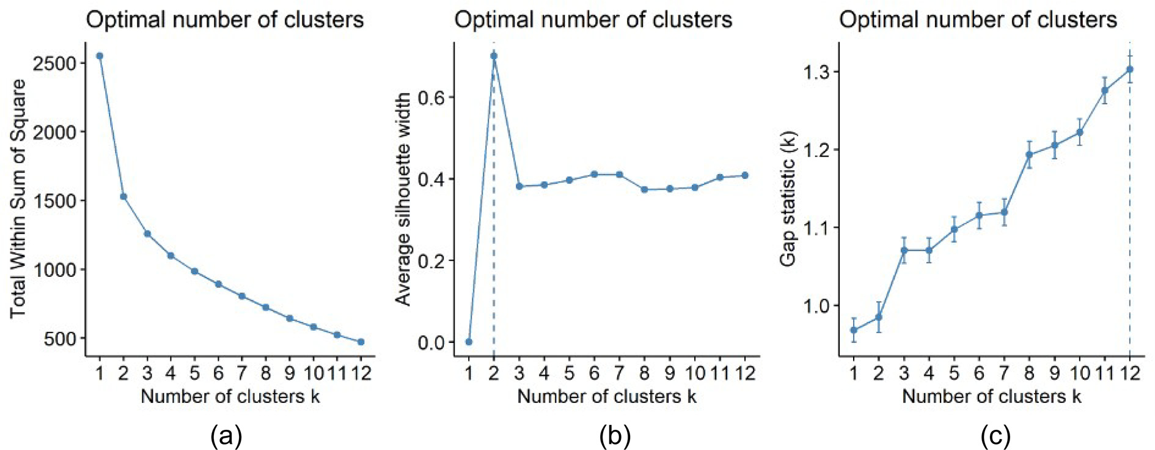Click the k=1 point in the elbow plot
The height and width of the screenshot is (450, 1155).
pyautogui.click(x=100, y=56)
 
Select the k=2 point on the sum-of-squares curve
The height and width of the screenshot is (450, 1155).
pyautogui.click(x=123, y=196)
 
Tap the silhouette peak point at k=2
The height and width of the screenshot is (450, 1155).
pyautogui.click(x=494, y=56)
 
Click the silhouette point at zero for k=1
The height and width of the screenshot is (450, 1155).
pyautogui.click(x=469, y=342)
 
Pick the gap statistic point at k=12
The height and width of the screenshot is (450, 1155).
pyautogui.click(x=1129, y=70)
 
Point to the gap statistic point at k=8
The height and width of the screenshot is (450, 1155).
pyautogui.click(x=1029, y=155)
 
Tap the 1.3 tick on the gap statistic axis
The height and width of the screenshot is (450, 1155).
pyautogui.click(x=817, y=72)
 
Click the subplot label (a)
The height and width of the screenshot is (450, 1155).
pyautogui.click(x=226, y=436)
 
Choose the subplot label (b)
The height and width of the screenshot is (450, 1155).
pyautogui.click(x=615, y=436)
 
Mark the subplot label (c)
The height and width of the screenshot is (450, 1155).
pyautogui.click(x=996, y=436)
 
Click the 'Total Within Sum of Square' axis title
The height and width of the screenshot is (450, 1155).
pyautogui.click(x=18, y=199)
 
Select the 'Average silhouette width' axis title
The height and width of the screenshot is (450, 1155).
pyautogui.click(x=403, y=199)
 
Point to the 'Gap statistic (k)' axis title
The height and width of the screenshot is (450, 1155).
pyautogui.click(x=788, y=199)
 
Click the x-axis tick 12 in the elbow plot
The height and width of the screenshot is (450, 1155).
pyautogui.click(x=361, y=372)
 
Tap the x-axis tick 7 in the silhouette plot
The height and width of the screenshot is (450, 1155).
pyautogui.click(x=619, y=372)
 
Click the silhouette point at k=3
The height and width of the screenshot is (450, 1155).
pyautogui.click(x=519, y=186)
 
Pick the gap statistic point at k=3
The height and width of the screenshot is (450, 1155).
pyautogui.click(x=904, y=250)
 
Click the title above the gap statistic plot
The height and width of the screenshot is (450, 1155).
pyautogui.click(x=978, y=20)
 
